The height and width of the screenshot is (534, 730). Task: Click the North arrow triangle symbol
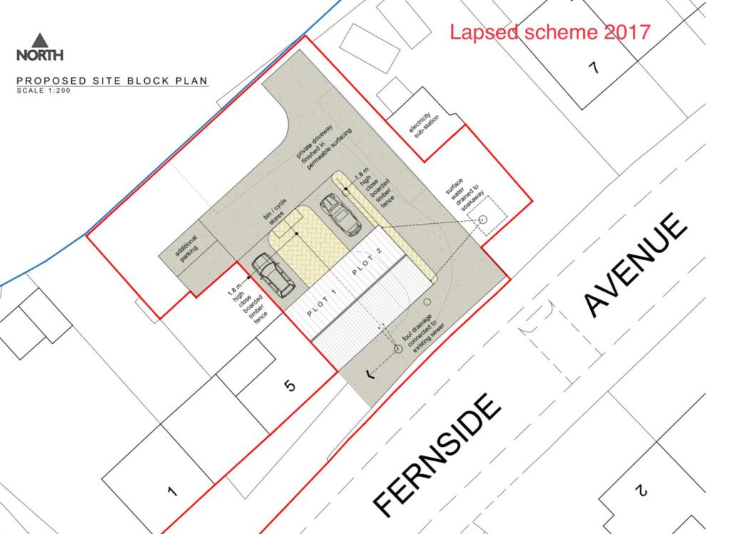point(40,40)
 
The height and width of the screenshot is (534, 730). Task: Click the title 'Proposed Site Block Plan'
point(112,81)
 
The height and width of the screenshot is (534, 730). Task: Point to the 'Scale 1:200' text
point(43,91)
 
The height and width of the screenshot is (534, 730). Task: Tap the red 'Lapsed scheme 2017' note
point(550,32)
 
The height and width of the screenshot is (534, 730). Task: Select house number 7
point(594,68)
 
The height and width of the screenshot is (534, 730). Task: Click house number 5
point(289,386)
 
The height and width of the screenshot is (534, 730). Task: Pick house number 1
point(173,491)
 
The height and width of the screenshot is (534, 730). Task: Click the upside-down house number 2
point(642,491)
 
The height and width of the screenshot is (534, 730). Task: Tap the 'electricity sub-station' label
point(423,124)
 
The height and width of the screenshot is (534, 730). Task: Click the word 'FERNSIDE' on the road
point(437,456)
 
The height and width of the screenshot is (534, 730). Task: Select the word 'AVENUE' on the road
point(635,265)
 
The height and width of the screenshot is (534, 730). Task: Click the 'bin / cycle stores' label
point(276,212)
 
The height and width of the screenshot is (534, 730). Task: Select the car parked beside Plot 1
point(273,275)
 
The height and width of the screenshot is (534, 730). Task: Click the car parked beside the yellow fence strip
point(341,215)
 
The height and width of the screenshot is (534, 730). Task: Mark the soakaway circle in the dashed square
point(483,219)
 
